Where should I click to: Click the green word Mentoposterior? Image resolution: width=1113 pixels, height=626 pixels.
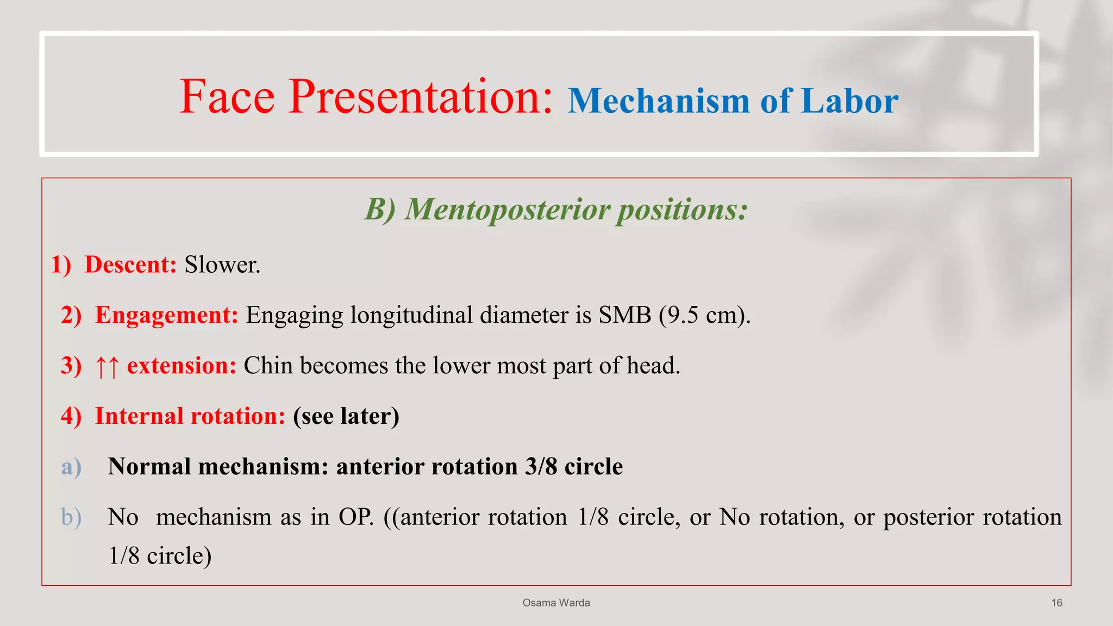tap(508, 209)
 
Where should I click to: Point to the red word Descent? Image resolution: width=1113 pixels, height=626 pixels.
tap(130, 265)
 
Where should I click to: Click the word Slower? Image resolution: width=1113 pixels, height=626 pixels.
tap(222, 265)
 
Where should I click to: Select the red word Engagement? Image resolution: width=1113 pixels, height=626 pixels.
tap(166, 315)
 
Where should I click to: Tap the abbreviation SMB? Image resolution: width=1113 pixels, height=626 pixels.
tap(624, 315)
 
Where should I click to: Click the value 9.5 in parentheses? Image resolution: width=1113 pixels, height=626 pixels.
tap(683, 315)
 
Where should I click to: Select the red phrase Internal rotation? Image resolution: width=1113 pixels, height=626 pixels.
tap(190, 416)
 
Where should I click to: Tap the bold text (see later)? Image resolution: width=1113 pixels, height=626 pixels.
tap(346, 416)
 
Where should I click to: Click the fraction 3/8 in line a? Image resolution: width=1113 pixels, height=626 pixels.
tap(541, 467)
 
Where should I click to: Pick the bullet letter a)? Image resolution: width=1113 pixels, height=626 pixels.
tap(71, 467)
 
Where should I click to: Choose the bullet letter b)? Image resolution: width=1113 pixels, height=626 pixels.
tap(71, 517)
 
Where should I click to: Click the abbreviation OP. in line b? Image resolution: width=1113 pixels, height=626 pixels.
tap(356, 517)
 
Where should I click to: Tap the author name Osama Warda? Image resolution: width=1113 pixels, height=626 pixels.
tap(556, 603)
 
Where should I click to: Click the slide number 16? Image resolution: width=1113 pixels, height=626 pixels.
tap(1056, 603)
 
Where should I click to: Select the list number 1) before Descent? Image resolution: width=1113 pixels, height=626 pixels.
tap(61, 265)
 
